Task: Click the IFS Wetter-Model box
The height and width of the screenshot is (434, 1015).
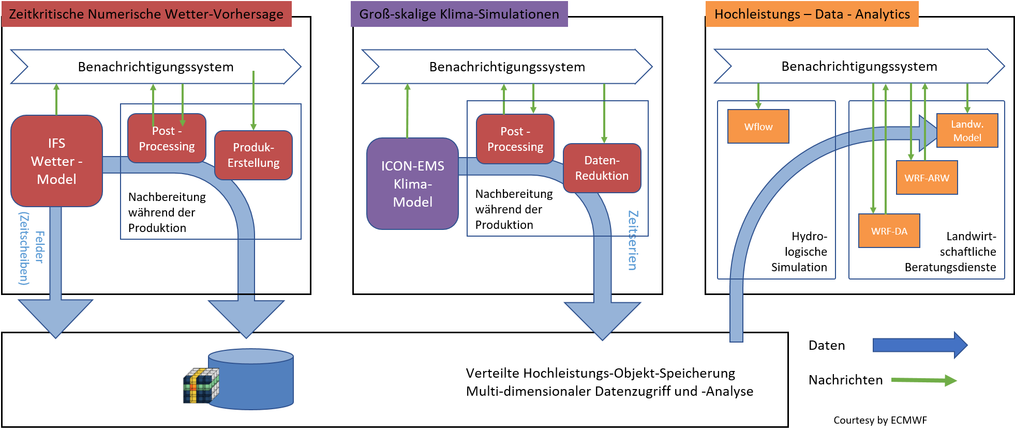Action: click(56, 161)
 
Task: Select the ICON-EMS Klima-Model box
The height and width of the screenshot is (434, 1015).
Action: click(412, 183)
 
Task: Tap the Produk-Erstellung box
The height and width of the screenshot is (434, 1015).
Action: click(253, 155)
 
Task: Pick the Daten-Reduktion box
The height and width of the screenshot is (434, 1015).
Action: click(602, 168)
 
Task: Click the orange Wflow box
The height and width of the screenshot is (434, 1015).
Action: click(758, 126)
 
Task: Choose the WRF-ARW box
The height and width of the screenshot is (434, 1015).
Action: click(927, 177)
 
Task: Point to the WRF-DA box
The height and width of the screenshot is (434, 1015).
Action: click(889, 230)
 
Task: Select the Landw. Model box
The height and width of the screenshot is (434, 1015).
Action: click(967, 130)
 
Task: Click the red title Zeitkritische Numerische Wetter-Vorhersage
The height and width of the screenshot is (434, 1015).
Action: click(146, 14)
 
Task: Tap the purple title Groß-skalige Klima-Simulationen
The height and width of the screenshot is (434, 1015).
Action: click(459, 14)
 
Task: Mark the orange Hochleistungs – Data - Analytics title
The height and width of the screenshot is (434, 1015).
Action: click(812, 14)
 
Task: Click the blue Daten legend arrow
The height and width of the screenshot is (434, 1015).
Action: click(920, 345)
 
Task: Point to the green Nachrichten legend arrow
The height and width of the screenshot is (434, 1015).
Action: click(924, 381)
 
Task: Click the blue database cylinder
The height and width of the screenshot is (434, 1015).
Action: click(251, 379)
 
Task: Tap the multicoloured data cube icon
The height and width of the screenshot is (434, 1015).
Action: click(201, 385)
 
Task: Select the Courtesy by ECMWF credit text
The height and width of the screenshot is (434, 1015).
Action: click(880, 420)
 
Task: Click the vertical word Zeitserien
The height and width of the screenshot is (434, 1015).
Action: click(633, 240)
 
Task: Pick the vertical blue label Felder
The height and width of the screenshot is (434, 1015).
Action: click(39, 247)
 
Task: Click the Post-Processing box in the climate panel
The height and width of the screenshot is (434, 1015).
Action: click(515, 139)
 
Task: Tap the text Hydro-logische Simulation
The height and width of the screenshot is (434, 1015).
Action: click(799, 252)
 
